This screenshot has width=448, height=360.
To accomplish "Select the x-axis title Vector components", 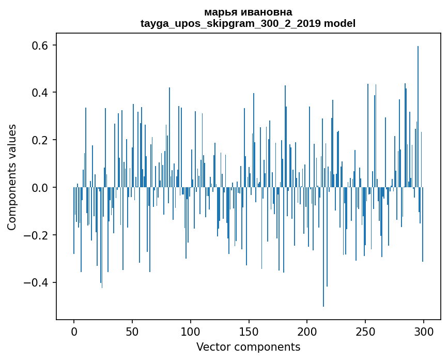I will click(x=248, y=347).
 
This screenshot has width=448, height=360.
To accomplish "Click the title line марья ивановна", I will click(x=248, y=12).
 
